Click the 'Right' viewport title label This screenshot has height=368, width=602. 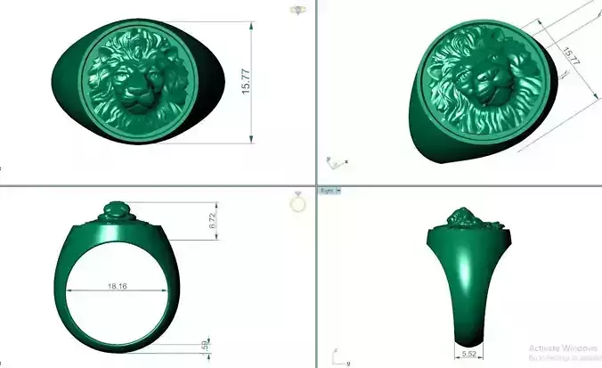point(326,192)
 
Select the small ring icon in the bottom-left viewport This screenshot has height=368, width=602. point(297,203)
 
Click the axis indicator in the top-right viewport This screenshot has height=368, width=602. point(335,162)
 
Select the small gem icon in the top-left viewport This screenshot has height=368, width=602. point(296,10)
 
